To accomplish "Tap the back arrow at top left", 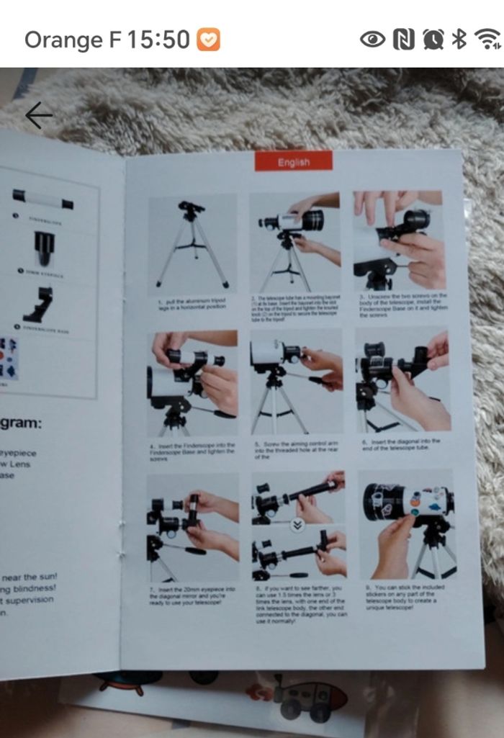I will click(38, 115).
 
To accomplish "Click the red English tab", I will click(293, 162).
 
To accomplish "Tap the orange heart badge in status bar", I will click(209, 40).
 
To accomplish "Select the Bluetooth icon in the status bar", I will click(459, 40).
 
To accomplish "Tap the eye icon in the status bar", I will click(372, 40).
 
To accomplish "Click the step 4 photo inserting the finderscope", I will click(193, 383).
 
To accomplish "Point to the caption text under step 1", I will click(192, 304).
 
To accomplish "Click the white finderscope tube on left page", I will click(43, 199).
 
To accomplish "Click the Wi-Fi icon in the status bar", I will click(490, 40).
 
